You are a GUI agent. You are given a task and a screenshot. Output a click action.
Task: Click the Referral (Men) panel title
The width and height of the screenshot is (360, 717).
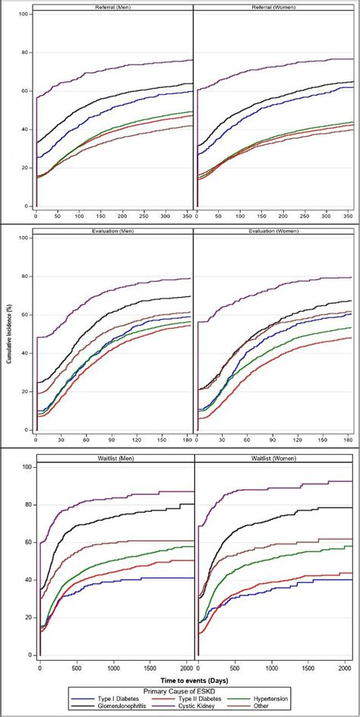pyautogui.click(x=114, y=7)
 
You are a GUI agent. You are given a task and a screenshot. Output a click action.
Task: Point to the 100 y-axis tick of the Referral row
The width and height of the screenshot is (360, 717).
pyautogui.click(x=25, y=15)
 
